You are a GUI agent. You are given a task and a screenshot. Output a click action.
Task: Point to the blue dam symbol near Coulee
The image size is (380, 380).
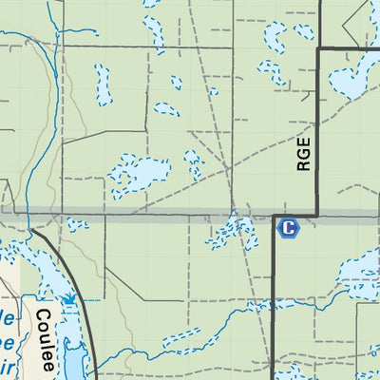click(68, 299)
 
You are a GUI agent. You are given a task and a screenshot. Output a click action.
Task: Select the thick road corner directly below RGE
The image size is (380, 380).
click(315, 215)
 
